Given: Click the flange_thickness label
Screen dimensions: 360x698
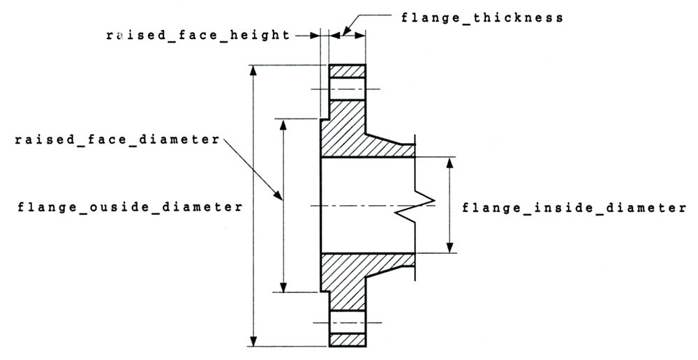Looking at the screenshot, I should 482,17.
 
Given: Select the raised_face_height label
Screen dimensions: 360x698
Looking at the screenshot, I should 198,34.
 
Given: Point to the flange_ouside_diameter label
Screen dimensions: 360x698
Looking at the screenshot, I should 130,207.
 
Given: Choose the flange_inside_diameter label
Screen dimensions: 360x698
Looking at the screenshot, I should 574,207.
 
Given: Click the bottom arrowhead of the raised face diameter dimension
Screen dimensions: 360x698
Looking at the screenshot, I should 283,287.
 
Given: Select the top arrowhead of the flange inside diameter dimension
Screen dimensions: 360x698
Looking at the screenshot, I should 450,162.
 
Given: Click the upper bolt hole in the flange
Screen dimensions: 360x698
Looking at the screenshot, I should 347,89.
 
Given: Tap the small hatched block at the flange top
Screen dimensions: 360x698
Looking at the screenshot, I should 347,71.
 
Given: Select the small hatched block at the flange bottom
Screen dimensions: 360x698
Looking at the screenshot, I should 347,340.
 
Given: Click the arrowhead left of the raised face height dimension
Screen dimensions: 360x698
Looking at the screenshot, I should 313,34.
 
